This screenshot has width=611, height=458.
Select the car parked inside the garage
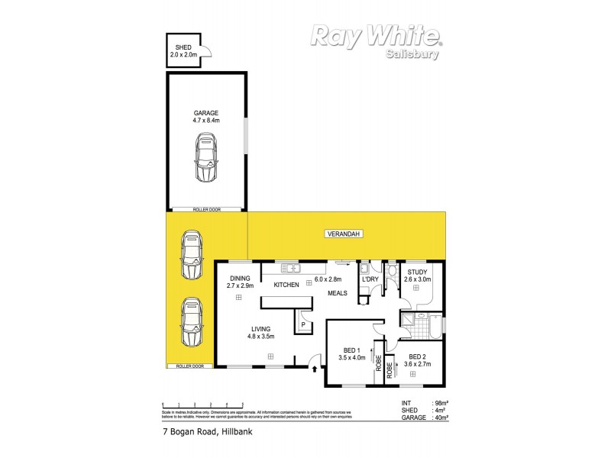(205, 158)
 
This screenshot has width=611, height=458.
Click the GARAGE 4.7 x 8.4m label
(206, 116)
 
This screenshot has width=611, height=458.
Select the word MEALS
(340, 292)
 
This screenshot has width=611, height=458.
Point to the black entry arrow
(313, 371)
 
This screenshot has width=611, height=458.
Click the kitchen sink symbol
(289, 267)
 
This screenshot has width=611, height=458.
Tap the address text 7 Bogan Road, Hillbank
(207, 431)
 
